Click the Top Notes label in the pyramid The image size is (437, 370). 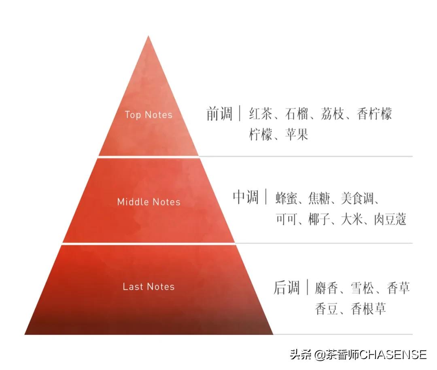click(148, 115)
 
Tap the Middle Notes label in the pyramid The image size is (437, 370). click(148, 202)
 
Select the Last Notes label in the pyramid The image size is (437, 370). click(148, 287)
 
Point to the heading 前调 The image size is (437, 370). click(219, 114)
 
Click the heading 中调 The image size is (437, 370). click(245, 197)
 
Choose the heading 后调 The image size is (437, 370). click(286, 288)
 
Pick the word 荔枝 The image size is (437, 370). click(333, 114)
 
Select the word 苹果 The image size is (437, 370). click(297, 134)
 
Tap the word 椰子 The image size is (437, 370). click(320, 219)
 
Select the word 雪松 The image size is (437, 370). click(363, 288)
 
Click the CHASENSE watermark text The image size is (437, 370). click(393, 355)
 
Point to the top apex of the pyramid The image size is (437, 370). click(148, 36)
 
